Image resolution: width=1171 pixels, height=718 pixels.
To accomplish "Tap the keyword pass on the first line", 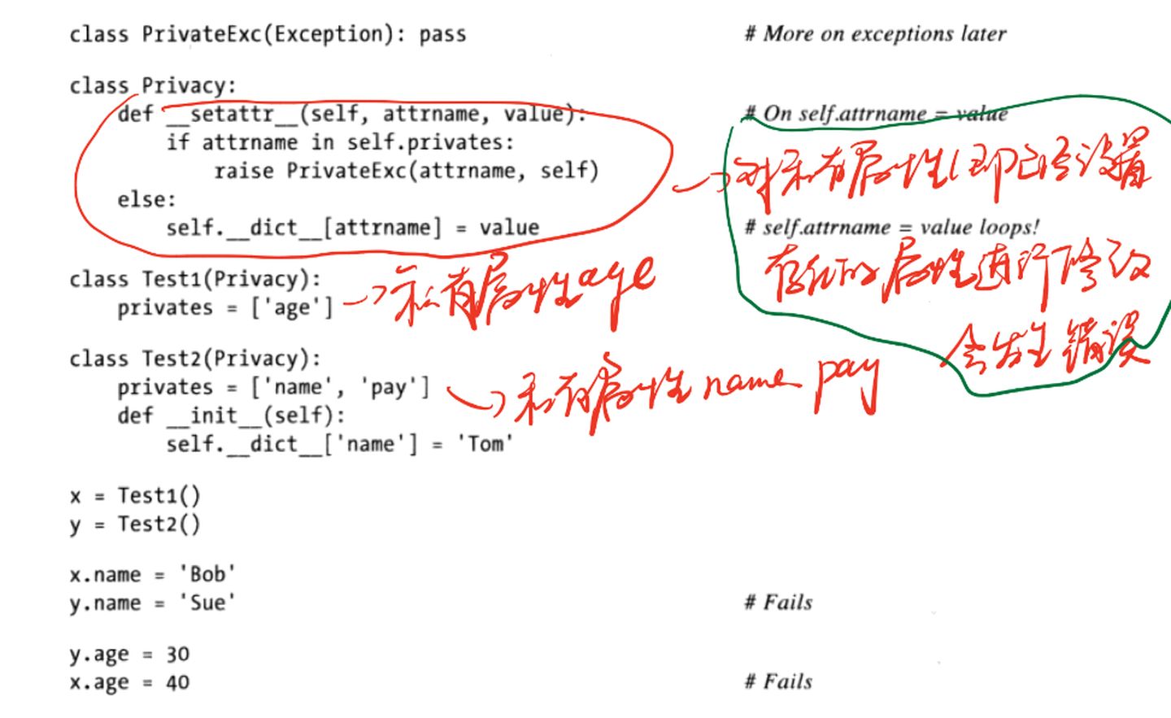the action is click(x=442, y=35).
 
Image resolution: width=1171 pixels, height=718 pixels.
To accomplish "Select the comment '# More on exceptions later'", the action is click(x=875, y=34).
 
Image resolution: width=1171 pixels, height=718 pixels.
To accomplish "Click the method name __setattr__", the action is click(x=232, y=114).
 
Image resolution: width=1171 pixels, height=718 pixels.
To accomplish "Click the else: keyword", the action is click(x=146, y=199).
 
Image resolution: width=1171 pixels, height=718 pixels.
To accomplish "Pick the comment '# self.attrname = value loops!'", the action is click(x=891, y=227).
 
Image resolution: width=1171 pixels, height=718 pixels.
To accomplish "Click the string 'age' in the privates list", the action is click(x=292, y=308).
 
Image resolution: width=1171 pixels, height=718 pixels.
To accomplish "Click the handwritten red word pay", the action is click(x=847, y=382).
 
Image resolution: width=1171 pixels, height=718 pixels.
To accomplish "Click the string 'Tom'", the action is click(x=485, y=444).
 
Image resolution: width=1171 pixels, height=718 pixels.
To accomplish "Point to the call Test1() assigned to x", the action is click(x=159, y=496).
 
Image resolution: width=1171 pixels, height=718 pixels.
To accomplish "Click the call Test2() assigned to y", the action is click(x=159, y=524).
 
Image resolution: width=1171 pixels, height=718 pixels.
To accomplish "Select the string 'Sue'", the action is click(x=207, y=603).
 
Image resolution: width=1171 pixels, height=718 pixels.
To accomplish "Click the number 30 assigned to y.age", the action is click(x=177, y=655).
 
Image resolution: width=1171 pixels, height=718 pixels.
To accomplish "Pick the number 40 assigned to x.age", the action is click(x=177, y=683).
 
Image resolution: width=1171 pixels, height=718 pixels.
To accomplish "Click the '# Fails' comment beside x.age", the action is click(x=778, y=681).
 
